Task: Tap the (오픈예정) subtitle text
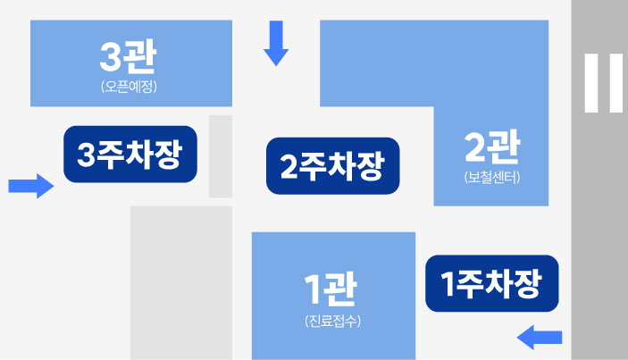tap(130, 87)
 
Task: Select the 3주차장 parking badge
tap(130, 155)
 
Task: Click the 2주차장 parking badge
tap(332, 166)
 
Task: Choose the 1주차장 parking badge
tap(491, 284)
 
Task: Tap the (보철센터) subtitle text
tap(492, 176)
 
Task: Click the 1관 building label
tap(332, 289)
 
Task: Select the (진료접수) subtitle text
tap(332, 320)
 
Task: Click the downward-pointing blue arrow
tap(276, 45)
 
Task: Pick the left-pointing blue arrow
tap(540, 337)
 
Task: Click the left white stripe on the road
tap(591, 83)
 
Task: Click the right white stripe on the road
tap(616, 83)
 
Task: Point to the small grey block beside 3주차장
tap(221, 156)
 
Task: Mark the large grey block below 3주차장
tap(181, 282)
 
